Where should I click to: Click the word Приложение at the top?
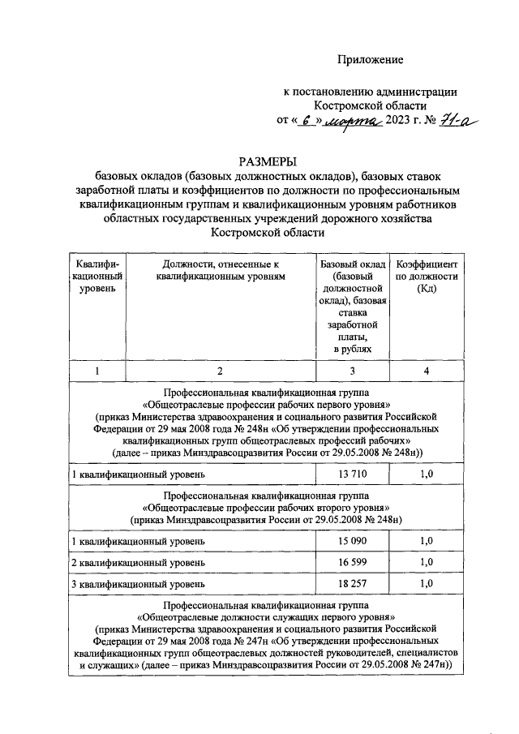click(x=371, y=60)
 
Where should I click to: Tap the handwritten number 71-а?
click(x=457, y=122)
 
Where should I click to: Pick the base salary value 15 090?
click(x=351, y=539)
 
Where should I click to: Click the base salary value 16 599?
click(x=351, y=562)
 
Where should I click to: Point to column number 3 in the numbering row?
click(x=351, y=371)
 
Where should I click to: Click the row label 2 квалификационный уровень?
click(x=139, y=562)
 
